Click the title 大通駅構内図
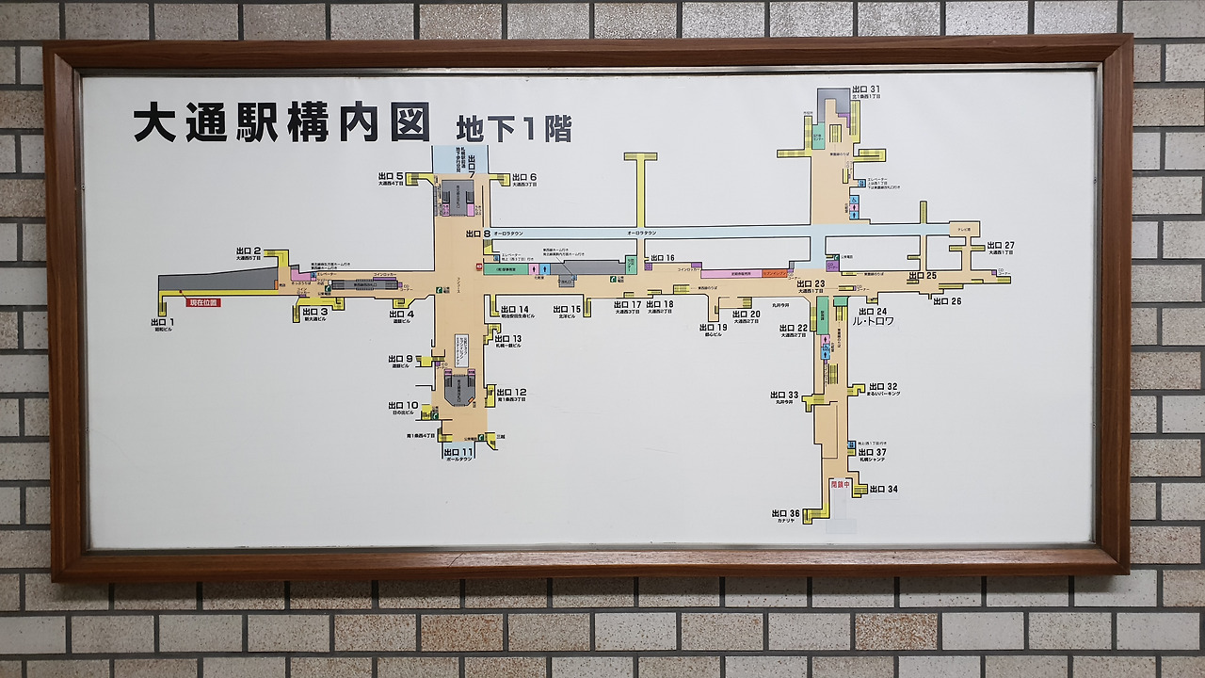[x=281, y=122]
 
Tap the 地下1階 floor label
[x=514, y=128]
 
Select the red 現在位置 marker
[x=202, y=302]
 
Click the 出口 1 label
[x=163, y=322]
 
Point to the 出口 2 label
[x=249, y=251]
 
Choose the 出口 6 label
[x=524, y=177]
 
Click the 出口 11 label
[x=460, y=453]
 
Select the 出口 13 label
[x=508, y=338]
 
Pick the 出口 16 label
[x=662, y=257]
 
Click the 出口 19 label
[x=714, y=327]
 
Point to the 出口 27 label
[x=1001, y=245]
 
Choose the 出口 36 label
[x=785, y=513]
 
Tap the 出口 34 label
[x=883, y=489]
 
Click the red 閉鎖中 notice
[x=840, y=484]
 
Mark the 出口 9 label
[x=401, y=359]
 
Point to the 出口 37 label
[x=873, y=452]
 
